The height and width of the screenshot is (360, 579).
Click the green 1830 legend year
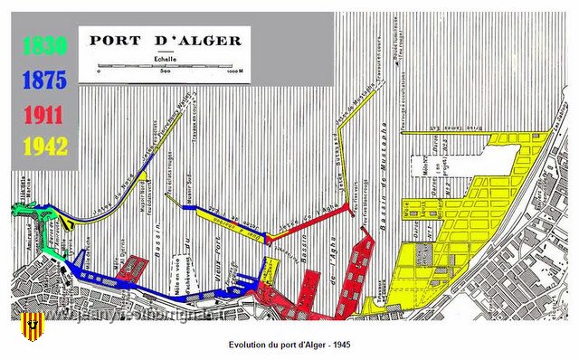pos(43,45)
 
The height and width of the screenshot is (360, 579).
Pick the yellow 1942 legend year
pos(43,147)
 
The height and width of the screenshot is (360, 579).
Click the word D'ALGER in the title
pos(204,41)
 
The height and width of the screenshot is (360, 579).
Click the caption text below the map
pos(289,345)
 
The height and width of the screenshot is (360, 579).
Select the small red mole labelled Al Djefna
pos(130,267)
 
